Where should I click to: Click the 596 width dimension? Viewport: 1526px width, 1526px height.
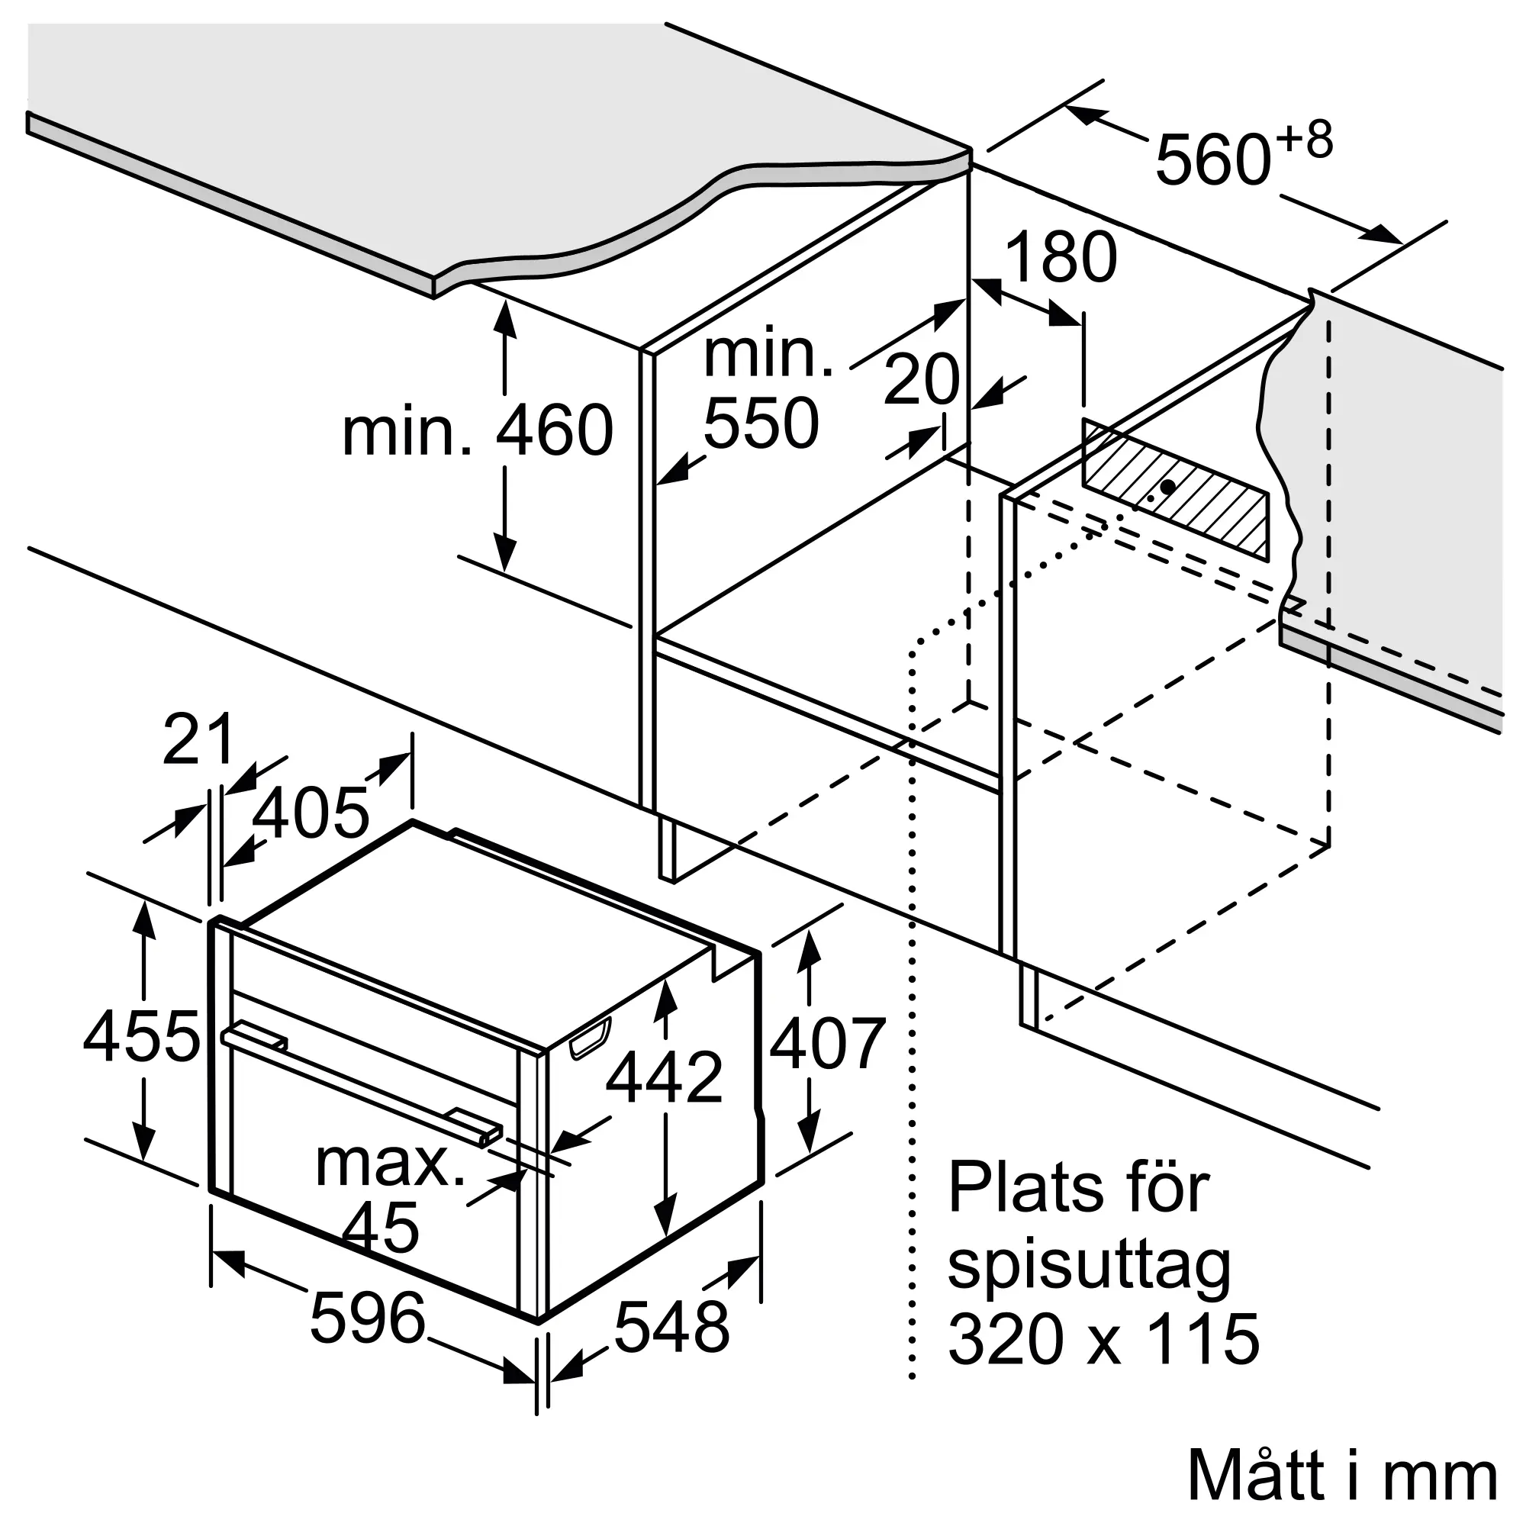point(368,1317)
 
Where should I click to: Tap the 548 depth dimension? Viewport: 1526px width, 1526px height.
point(671,1326)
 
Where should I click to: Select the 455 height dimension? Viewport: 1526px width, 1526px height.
point(141,1035)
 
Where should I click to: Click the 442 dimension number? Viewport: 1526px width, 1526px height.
point(665,1077)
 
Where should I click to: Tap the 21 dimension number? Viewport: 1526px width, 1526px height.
point(198,739)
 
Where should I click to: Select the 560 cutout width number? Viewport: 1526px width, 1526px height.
point(1212,160)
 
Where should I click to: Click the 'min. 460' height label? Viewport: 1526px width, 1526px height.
point(477,430)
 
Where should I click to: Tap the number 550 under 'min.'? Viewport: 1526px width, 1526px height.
point(761,423)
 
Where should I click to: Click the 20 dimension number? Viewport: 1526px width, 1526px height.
point(922,379)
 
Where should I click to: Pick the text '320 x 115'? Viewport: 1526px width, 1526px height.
point(1103,1339)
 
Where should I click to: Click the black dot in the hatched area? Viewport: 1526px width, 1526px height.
point(1167,487)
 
